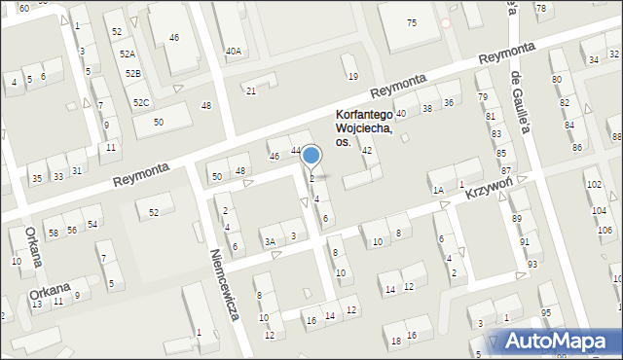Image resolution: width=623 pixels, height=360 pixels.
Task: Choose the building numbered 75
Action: (x=412, y=22)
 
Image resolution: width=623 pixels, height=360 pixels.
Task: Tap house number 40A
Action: (x=233, y=51)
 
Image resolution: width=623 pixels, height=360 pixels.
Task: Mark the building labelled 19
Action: (x=352, y=76)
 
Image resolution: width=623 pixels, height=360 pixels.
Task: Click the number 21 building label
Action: (x=250, y=90)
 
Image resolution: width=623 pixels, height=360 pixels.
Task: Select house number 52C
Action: (x=141, y=102)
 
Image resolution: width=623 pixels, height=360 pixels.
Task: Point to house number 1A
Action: (x=438, y=190)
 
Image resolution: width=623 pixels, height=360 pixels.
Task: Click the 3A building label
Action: (x=270, y=240)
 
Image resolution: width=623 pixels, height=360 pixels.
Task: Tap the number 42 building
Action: (x=367, y=151)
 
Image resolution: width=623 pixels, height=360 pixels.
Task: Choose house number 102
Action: (x=593, y=184)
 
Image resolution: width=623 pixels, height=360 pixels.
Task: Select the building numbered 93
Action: (x=531, y=264)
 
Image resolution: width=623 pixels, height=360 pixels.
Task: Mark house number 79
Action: (x=482, y=97)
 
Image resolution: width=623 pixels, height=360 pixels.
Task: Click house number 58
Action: (x=53, y=233)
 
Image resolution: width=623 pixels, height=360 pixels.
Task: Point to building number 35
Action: (x=36, y=178)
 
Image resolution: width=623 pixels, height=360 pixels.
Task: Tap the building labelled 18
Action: (x=395, y=341)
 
